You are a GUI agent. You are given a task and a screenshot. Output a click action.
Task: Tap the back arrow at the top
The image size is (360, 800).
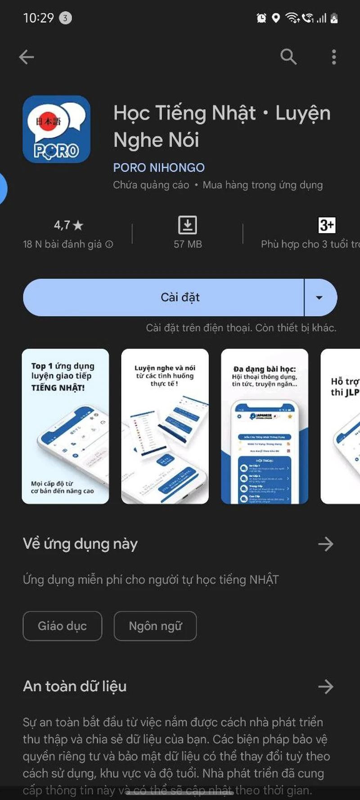[x=27, y=57]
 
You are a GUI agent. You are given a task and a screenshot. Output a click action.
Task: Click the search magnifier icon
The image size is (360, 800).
[x=288, y=57]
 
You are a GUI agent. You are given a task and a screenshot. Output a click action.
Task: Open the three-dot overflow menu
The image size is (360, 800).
[x=333, y=57]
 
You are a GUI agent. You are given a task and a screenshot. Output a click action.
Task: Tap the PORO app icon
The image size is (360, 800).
[x=57, y=129]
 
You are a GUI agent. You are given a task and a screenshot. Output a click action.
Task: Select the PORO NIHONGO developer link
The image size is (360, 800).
[x=159, y=168]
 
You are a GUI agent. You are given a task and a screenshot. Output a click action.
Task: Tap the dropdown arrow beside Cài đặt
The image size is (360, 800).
[x=319, y=297]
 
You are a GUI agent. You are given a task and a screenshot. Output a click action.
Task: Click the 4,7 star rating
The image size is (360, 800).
[x=68, y=225]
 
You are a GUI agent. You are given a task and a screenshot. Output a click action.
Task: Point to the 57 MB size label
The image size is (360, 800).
[x=188, y=244]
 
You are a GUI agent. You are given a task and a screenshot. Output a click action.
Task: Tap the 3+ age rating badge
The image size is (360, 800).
[x=327, y=225]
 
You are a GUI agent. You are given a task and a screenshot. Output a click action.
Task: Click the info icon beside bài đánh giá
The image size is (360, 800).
[x=109, y=244]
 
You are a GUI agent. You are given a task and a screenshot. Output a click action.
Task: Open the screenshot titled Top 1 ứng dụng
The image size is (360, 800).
[x=66, y=426]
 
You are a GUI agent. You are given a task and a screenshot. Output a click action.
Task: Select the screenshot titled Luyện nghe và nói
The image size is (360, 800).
[x=165, y=426]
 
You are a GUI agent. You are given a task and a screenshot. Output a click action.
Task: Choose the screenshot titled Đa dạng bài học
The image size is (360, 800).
[x=265, y=426]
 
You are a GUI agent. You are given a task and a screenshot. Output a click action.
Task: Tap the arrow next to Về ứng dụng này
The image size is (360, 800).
[x=325, y=544]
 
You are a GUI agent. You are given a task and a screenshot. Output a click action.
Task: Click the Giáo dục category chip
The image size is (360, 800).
[x=63, y=626]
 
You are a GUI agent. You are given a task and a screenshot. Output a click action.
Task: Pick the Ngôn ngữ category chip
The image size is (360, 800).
[x=155, y=626]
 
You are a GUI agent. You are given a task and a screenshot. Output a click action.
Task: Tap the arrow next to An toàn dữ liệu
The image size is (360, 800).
[x=325, y=687]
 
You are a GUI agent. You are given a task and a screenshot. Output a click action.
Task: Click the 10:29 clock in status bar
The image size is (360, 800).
[x=38, y=18]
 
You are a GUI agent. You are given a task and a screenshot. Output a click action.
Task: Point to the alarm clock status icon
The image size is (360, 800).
[x=261, y=18]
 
